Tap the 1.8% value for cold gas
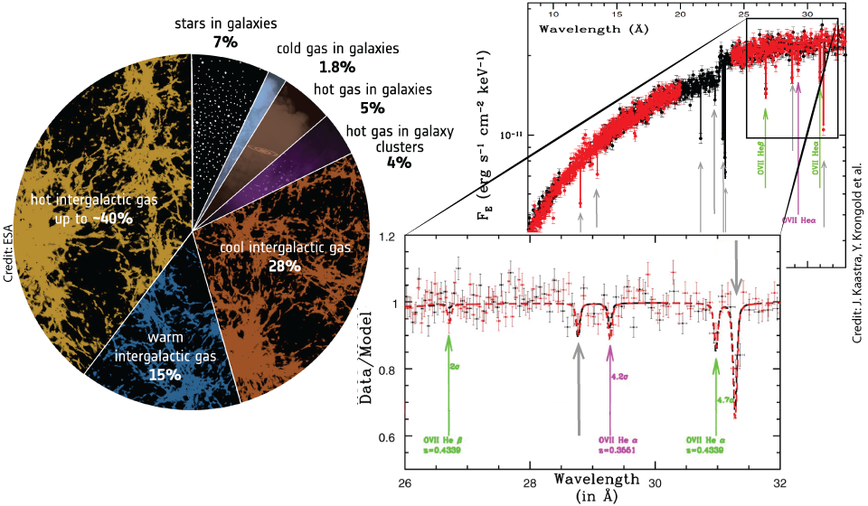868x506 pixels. click(337, 66)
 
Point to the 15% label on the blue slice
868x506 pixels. click(165, 374)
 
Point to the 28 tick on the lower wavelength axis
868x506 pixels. click(530, 481)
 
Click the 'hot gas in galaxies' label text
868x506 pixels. click(380, 89)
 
